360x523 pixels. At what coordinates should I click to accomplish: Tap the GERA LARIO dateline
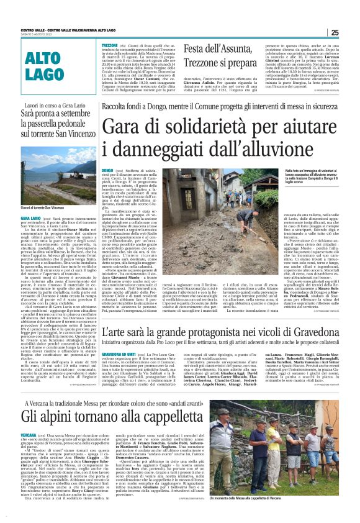pyautogui.click(x=31, y=236)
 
